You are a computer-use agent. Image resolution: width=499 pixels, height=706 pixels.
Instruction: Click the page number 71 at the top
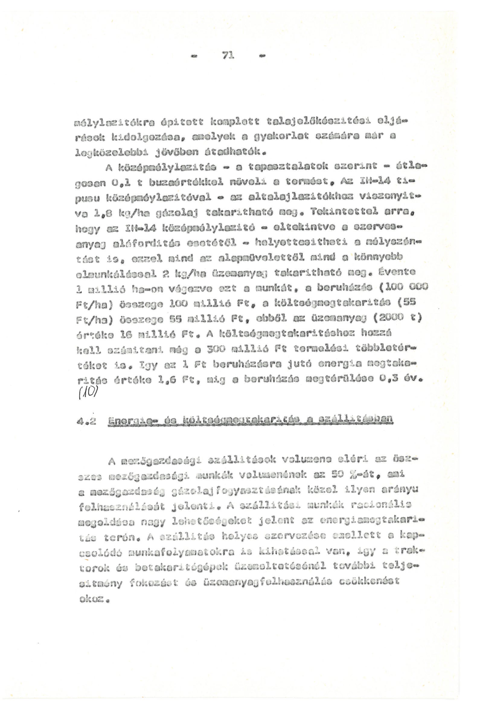tap(228, 56)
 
